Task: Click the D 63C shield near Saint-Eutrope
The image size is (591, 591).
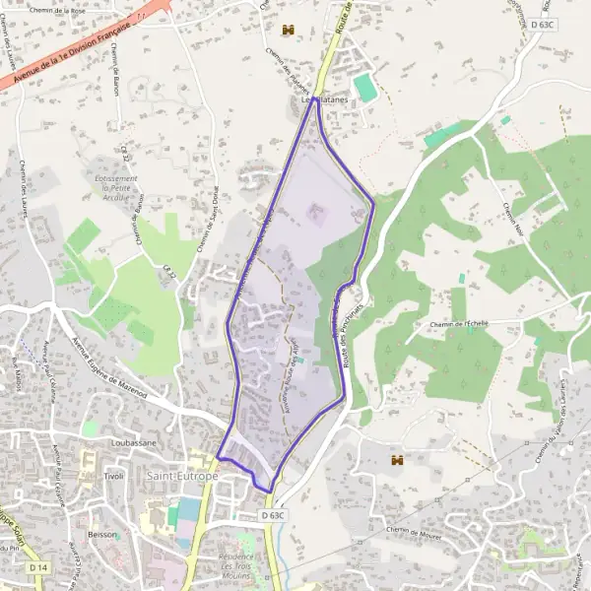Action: click(274, 515)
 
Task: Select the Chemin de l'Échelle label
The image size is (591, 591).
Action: click(459, 324)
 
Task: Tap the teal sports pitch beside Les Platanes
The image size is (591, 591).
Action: click(365, 87)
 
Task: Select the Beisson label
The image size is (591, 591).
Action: click(101, 535)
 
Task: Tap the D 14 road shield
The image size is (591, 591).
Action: click(38, 568)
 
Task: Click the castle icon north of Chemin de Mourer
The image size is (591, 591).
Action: click(398, 459)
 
